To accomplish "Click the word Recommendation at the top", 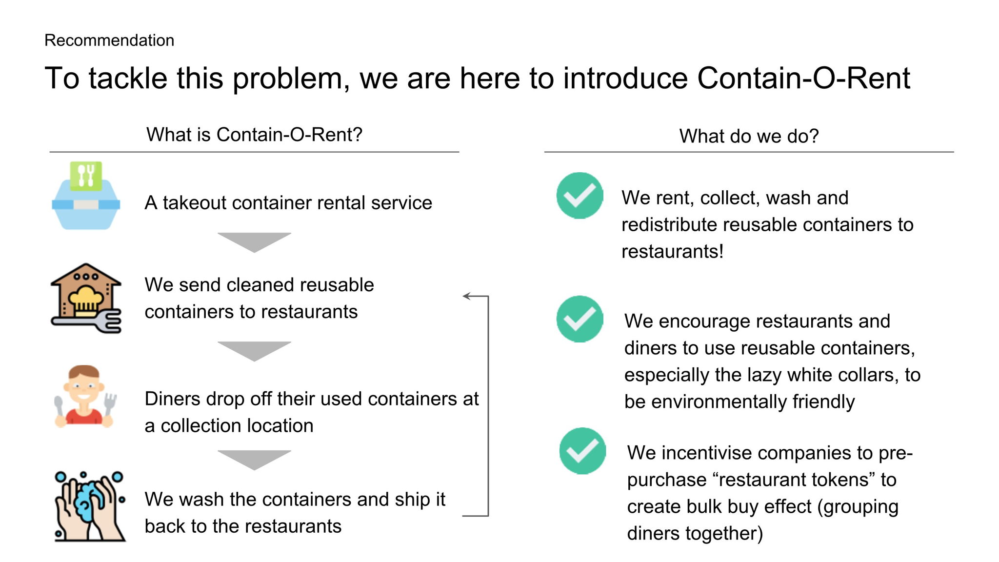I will coord(109,40).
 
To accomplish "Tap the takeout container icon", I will coord(86,196).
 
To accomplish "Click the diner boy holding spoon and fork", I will coord(84,396).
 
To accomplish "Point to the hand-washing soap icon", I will coord(89,506).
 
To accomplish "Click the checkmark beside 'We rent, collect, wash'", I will coord(579,196).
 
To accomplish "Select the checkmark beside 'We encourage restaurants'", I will coord(579,319).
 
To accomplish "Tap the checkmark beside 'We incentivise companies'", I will coord(582,451).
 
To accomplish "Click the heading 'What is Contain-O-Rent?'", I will coord(254,135).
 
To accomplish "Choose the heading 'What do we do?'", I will coord(749,136).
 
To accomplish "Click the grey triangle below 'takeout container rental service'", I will coord(254,241).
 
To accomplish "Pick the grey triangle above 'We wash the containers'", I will coord(254,459).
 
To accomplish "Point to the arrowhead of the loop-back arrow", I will coord(466,296).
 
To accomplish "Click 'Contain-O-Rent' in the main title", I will coord(803,78).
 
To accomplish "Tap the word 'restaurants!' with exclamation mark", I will coord(672,252).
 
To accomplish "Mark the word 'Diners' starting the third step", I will coord(173,399).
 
